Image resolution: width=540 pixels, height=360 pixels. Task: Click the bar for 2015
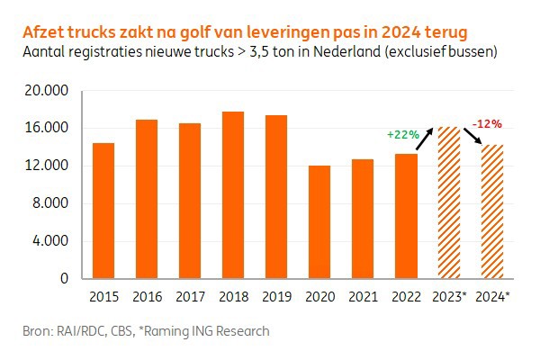(x=103, y=211)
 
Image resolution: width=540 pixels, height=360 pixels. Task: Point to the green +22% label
(x=402, y=134)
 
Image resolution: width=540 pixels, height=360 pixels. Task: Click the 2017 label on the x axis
(x=190, y=296)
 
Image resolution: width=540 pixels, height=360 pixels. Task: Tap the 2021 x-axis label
(x=363, y=296)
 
